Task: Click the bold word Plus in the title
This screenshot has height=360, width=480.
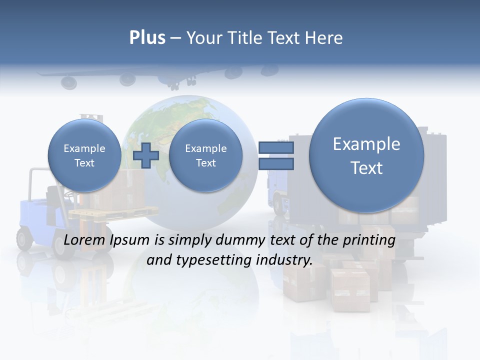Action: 147,38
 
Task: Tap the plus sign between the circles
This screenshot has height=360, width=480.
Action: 145,155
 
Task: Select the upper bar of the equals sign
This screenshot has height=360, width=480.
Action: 276,147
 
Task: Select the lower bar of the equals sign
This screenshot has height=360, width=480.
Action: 276,163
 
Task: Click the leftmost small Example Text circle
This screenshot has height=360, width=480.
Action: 84,155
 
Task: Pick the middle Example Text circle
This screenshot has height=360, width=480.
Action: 205,155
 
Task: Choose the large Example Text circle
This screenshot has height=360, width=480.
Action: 366,155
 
